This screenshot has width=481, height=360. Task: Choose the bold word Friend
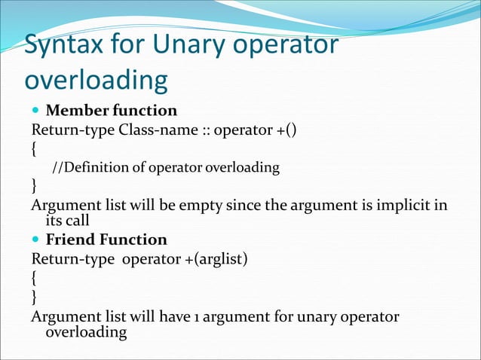click(70, 239)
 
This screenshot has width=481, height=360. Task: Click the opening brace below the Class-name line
click(34, 149)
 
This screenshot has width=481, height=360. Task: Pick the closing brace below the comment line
click(34, 185)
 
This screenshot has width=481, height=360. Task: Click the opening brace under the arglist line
click(34, 278)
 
